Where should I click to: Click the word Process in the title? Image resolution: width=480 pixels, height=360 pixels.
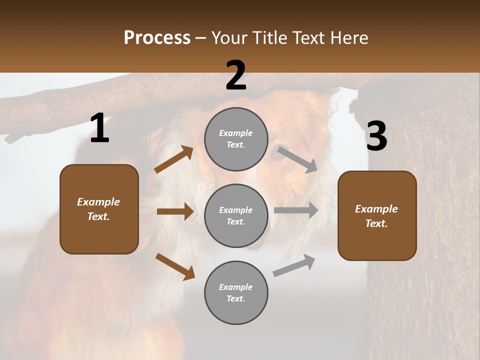tap(157, 38)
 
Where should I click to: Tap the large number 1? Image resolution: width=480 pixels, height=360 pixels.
tap(99, 128)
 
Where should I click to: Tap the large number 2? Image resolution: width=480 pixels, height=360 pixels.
tap(236, 75)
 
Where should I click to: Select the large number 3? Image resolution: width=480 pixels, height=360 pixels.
tap(376, 136)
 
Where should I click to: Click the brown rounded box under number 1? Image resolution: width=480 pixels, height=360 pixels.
tap(99, 209)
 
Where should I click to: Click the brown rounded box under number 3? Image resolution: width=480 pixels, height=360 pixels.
tap(377, 215)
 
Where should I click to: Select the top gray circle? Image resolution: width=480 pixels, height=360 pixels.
tap(236, 139)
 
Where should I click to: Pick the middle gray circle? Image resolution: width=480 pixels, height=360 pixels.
tap(236, 215)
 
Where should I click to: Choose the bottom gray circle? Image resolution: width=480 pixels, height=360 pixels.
tap(236, 292)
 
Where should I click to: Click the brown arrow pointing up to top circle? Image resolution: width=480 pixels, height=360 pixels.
tap(174, 159)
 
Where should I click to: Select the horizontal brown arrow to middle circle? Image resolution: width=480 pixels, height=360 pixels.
tap(175, 211)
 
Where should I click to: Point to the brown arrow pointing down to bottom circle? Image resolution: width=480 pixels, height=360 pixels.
tap(175, 266)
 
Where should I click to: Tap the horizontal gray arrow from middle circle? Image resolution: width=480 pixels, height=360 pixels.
tap(295, 210)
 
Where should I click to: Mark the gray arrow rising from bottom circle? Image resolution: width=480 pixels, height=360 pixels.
tap(294, 265)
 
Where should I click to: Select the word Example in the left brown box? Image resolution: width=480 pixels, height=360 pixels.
tap(98, 202)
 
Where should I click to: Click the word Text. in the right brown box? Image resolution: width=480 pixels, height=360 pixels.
tap(376, 223)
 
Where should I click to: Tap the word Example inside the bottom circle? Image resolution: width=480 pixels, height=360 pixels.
tap(236, 287)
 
